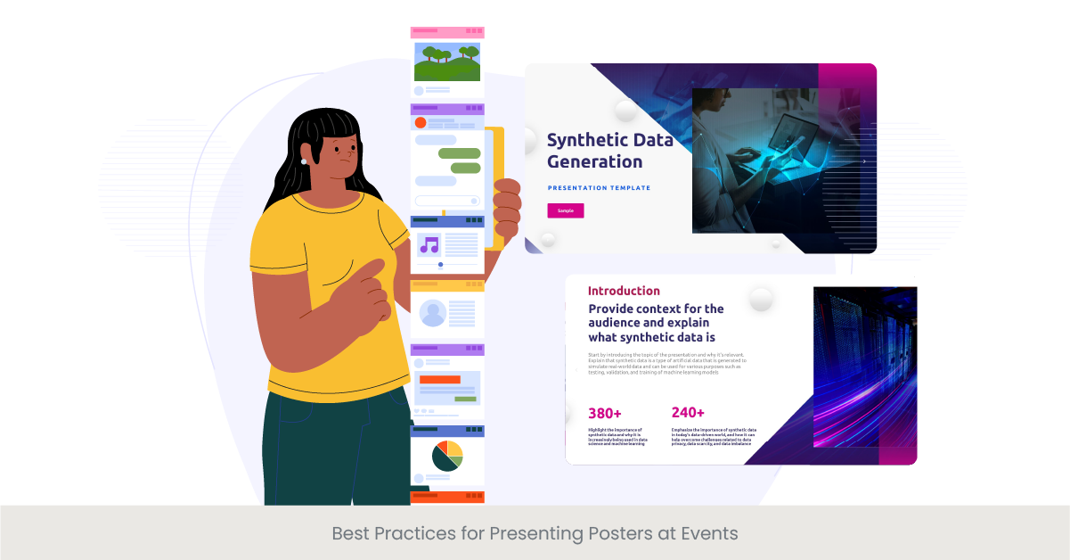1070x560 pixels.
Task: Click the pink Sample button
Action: pyautogui.click(x=565, y=210)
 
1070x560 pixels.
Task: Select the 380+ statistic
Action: pyautogui.click(x=605, y=413)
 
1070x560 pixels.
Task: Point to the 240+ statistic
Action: pyautogui.click(x=688, y=412)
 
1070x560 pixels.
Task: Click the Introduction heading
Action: pyautogui.click(x=624, y=291)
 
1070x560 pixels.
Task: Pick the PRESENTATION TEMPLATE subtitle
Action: pyautogui.click(x=599, y=188)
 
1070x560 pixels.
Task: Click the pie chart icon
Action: pyautogui.click(x=447, y=455)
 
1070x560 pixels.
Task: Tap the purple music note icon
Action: pyautogui.click(x=429, y=245)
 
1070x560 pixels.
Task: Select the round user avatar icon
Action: pyautogui.click(x=433, y=313)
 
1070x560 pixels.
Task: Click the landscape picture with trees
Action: pyautogui.click(x=447, y=62)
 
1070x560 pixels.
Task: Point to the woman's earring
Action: pyautogui.click(x=304, y=161)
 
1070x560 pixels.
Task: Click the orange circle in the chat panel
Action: pyautogui.click(x=421, y=122)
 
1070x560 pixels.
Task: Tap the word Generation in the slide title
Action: pyautogui.click(x=594, y=161)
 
